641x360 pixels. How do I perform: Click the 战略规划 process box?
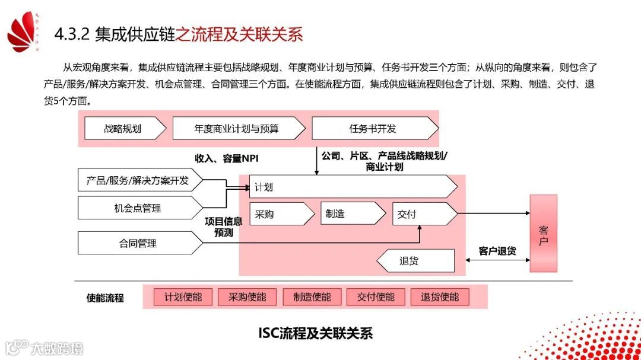coord(122,128)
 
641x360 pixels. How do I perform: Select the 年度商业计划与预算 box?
coord(237,128)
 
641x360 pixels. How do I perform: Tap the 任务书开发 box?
coord(373,128)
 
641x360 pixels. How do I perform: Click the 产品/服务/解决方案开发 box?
coord(138,180)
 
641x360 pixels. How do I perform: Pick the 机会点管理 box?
coord(138,208)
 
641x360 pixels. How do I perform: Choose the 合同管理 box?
coord(138,243)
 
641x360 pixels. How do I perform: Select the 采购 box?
coord(280,214)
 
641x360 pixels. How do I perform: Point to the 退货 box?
coord(415,260)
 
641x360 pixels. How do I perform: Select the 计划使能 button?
coord(183,297)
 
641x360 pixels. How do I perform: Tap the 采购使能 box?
coord(247,297)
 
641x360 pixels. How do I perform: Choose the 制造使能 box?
coord(312,297)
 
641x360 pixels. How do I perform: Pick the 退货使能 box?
coord(440,297)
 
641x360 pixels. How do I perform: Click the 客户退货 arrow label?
coord(497,251)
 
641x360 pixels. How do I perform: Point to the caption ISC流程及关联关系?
coord(315,333)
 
